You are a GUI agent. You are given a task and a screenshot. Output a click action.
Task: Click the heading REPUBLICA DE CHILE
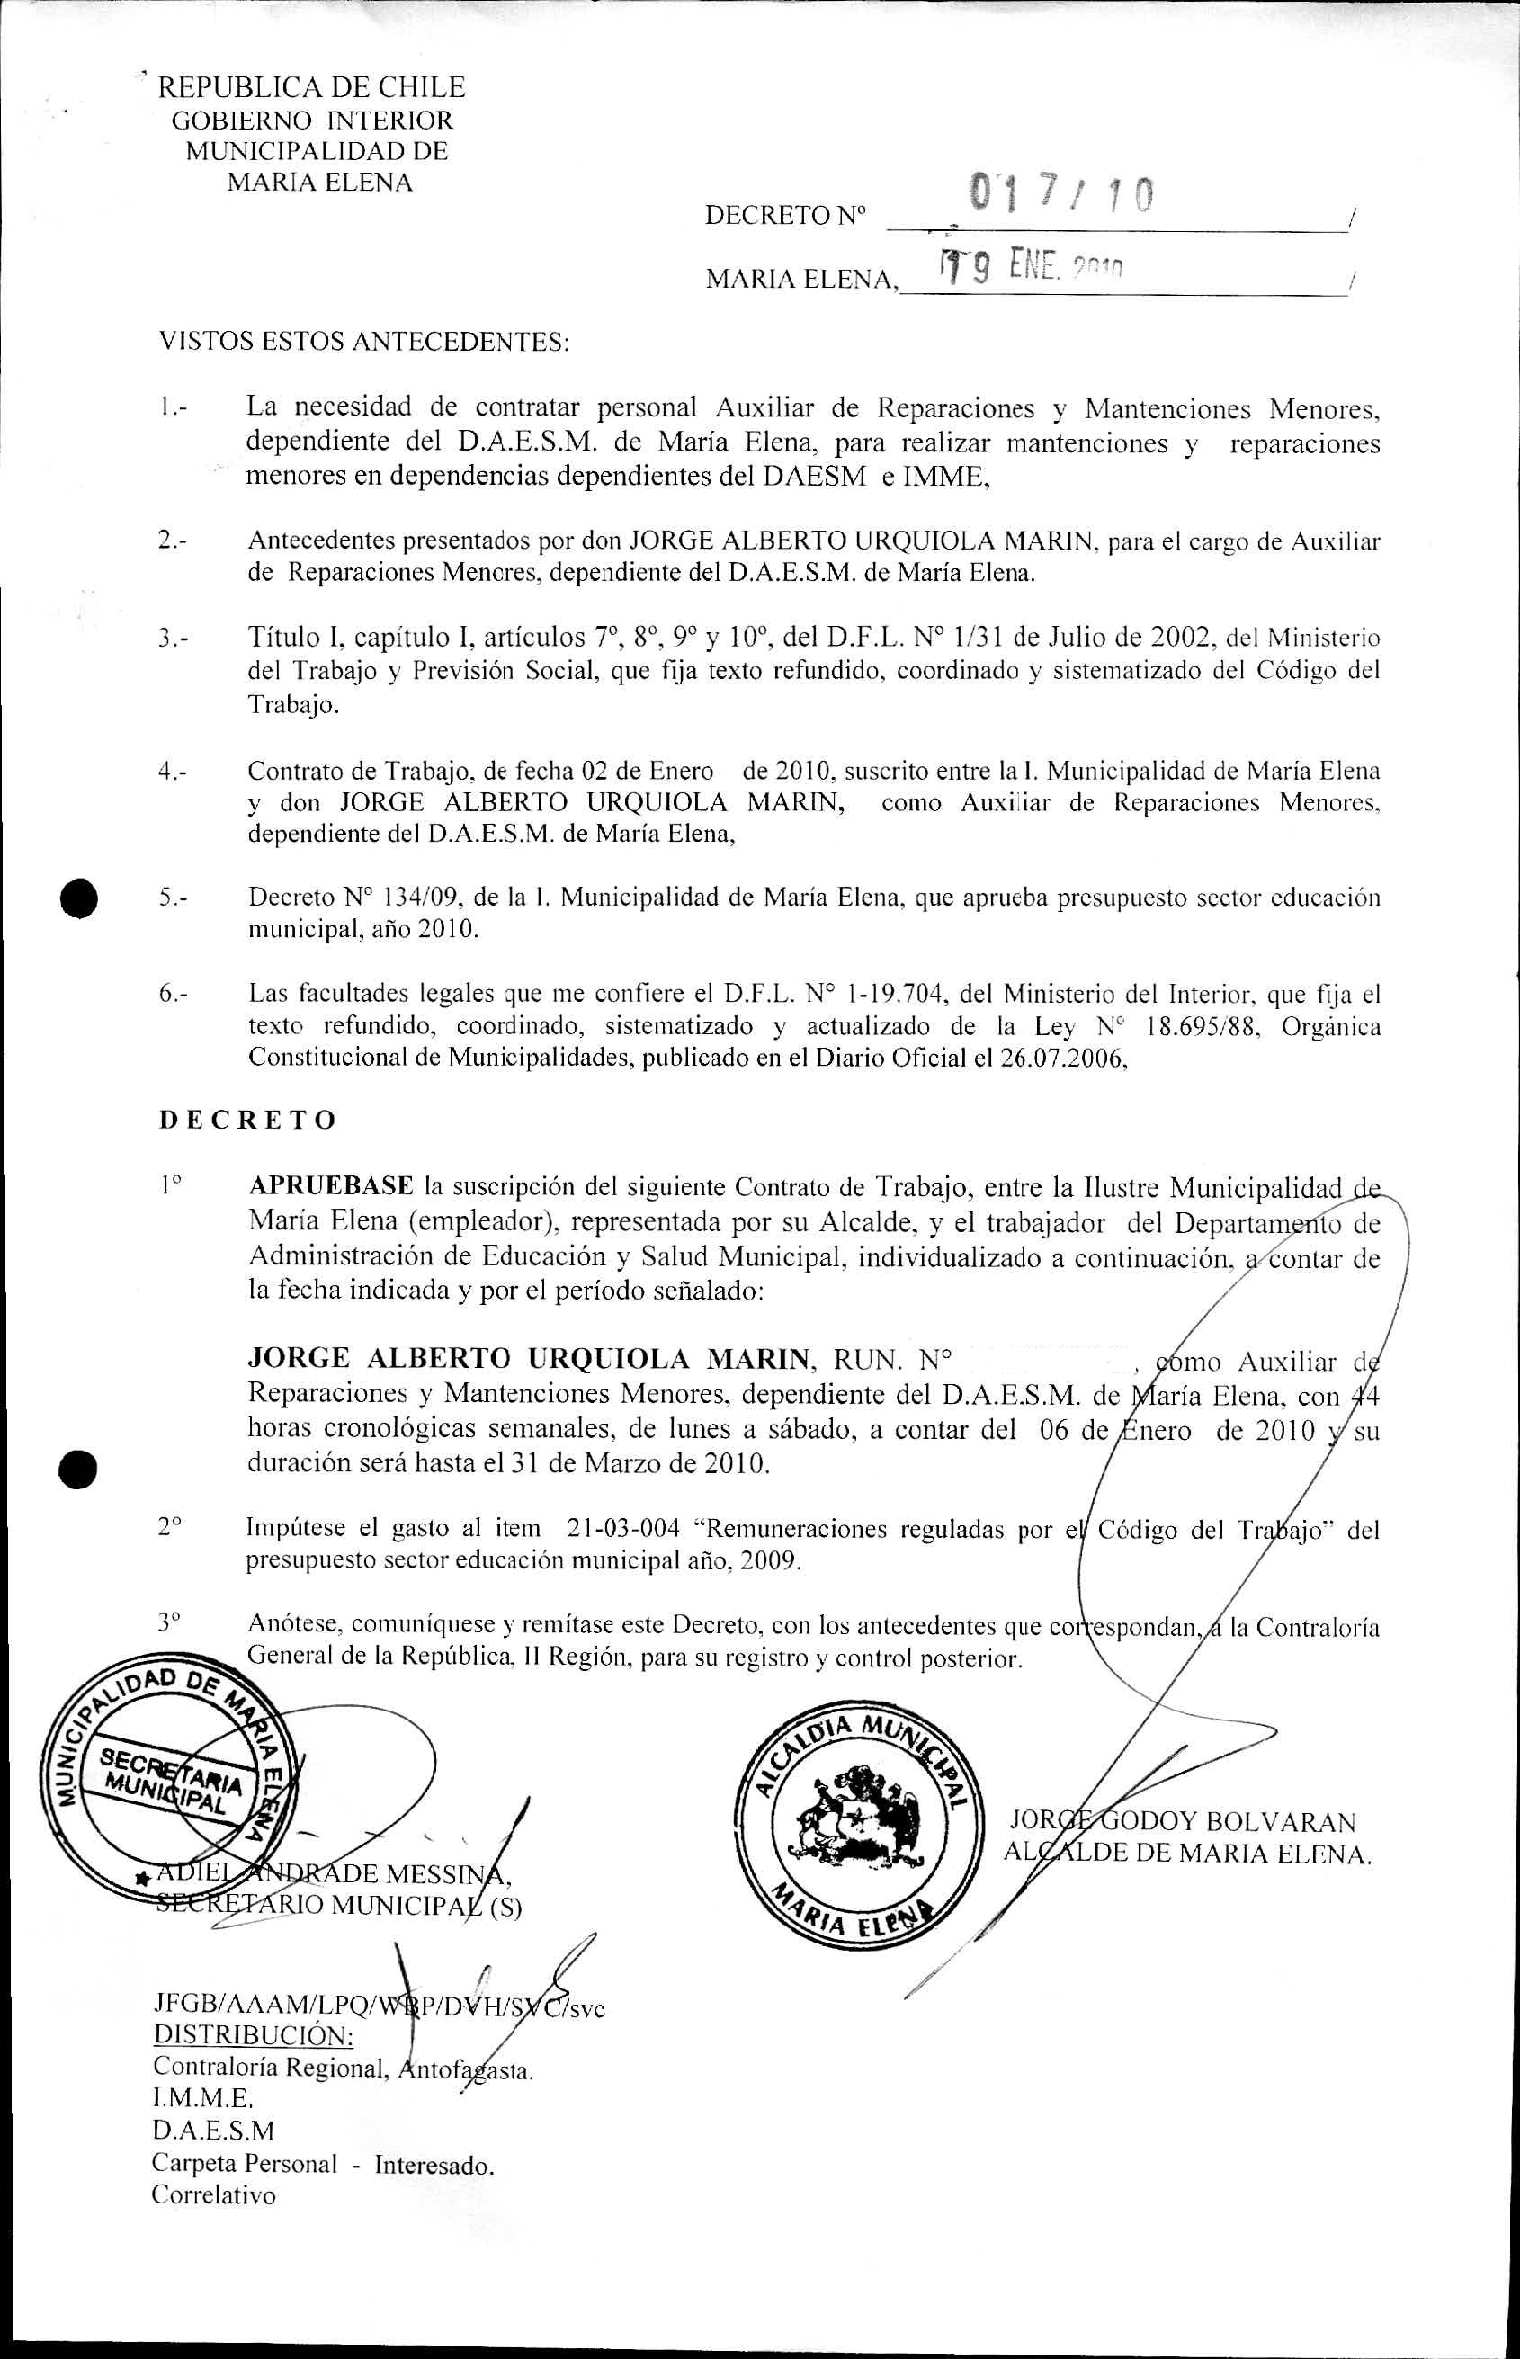(312, 88)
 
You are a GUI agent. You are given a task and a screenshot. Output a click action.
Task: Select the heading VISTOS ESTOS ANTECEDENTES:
(364, 343)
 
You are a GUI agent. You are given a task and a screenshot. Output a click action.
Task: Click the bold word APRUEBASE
(331, 1185)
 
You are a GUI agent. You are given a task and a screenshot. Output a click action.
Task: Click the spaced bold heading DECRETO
(247, 1121)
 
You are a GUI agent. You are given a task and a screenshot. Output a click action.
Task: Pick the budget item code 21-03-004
(624, 1529)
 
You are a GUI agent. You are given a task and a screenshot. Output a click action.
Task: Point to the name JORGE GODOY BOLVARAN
(1183, 1822)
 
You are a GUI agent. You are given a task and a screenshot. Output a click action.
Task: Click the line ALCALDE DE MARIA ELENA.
(1187, 1854)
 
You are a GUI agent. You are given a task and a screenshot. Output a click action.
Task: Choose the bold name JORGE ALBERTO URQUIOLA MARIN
(528, 1359)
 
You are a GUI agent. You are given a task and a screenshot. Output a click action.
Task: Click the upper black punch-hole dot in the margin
(79, 898)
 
